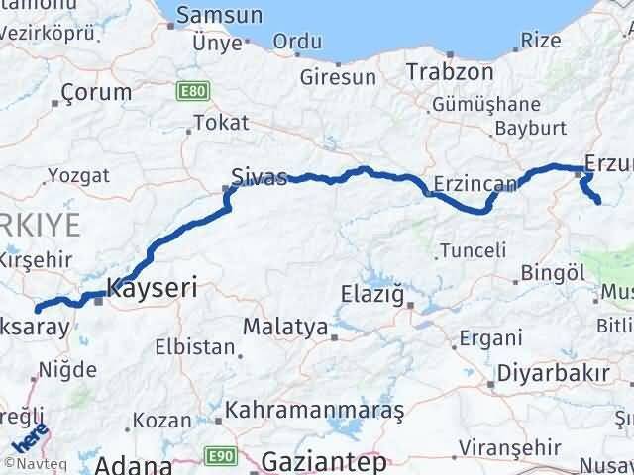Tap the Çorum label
tap(95, 91)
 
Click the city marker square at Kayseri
tap(98, 302)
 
